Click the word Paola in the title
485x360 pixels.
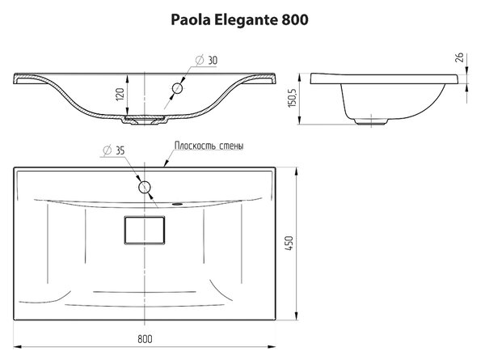click(191, 20)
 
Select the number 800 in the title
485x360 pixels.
click(295, 20)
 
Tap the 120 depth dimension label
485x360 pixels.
click(120, 94)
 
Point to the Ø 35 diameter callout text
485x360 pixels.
click(114, 150)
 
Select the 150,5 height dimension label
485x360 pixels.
click(293, 98)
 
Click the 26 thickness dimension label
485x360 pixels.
click(460, 57)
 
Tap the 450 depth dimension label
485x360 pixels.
click(289, 243)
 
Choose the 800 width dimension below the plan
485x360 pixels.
click(145, 339)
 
